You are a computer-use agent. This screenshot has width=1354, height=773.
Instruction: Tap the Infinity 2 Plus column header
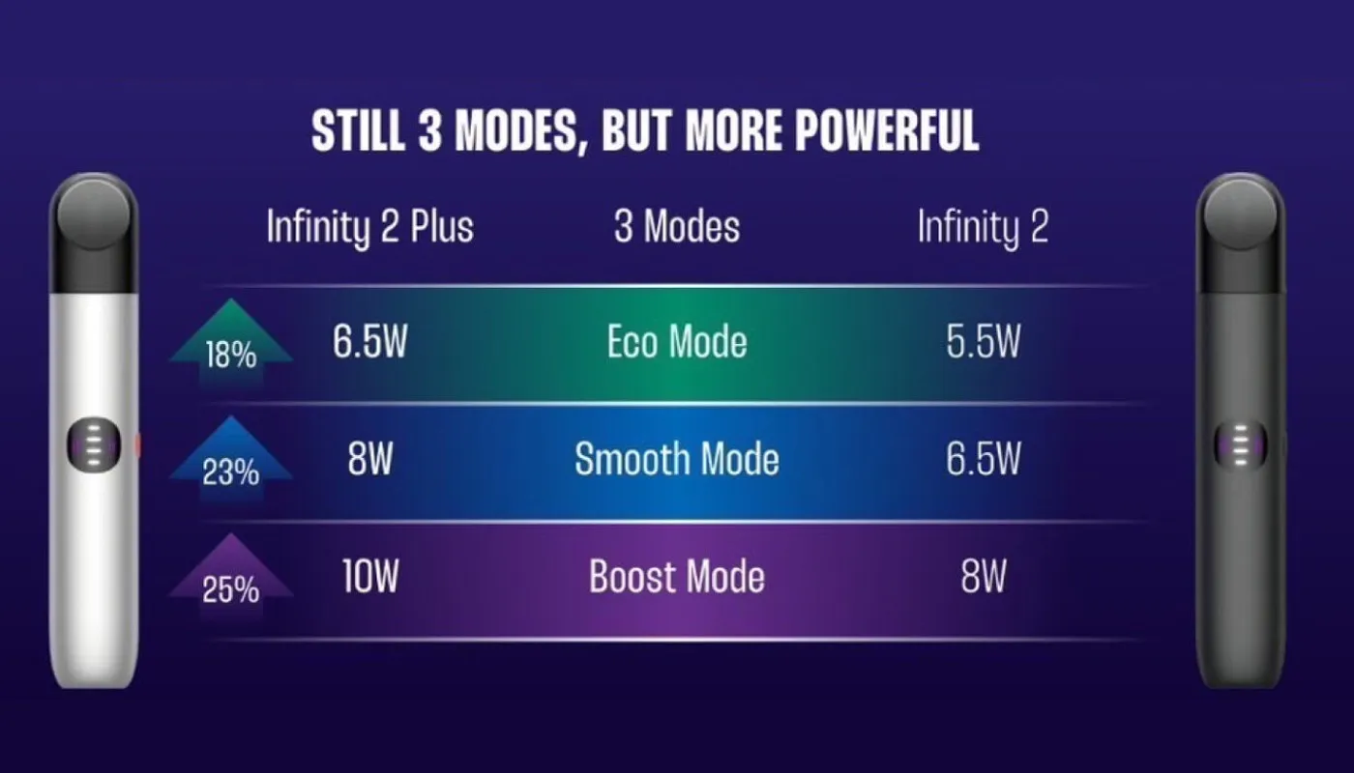[369, 227]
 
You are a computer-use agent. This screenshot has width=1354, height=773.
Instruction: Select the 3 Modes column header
[677, 226]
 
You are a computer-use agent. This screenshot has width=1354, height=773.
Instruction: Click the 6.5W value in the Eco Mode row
[369, 341]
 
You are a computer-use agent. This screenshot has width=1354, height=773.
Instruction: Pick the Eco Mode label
[677, 342]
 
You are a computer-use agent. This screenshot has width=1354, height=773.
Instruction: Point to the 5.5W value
[984, 341]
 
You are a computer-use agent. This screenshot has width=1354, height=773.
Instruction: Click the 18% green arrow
[231, 342]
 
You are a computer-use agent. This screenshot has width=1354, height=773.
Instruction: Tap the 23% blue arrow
[231, 459]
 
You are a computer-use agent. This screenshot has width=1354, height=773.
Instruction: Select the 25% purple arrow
[231, 577]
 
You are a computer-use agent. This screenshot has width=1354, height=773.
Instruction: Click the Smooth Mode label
[677, 459]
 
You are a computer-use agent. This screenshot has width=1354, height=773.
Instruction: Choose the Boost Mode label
[677, 577]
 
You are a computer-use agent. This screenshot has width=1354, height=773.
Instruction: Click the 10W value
[369, 576]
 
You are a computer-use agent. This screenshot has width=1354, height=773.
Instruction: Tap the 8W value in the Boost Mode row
[984, 576]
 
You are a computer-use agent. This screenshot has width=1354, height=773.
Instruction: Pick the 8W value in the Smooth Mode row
[369, 459]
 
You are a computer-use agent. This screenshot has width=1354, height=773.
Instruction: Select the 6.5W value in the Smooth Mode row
[984, 459]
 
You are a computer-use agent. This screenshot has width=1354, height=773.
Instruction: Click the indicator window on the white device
[94, 445]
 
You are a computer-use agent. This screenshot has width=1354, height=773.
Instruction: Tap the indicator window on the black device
[1240, 445]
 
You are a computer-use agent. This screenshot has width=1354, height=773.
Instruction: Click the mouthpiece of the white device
[94, 233]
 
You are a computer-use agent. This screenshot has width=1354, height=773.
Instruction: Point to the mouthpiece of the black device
[1240, 233]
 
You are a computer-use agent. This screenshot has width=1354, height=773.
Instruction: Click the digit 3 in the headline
[429, 130]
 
